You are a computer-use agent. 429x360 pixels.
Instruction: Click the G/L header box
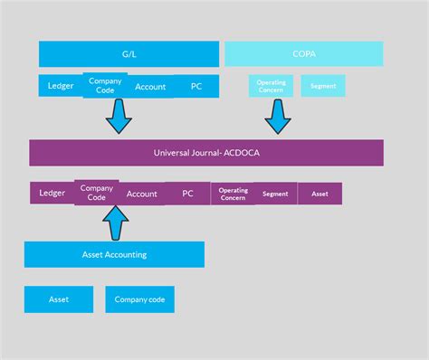click(x=129, y=53)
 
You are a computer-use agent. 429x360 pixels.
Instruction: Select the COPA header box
click(x=303, y=53)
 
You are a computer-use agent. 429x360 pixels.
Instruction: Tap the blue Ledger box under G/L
click(x=61, y=86)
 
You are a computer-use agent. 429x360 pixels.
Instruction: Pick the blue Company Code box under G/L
click(x=105, y=85)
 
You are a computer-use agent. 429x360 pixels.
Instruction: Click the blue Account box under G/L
click(x=150, y=87)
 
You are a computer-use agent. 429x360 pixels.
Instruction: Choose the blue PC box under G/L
click(x=196, y=87)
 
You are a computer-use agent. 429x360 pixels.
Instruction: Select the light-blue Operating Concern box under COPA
click(x=271, y=86)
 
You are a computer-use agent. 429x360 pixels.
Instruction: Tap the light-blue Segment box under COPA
click(x=323, y=86)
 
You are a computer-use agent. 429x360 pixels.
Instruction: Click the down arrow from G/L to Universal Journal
click(x=119, y=117)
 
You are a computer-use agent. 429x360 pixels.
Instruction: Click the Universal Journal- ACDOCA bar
click(x=206, y=152)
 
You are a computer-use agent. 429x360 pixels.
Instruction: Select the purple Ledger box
click(x=52, y=193)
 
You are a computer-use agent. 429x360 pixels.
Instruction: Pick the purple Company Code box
click(x=97, y=193)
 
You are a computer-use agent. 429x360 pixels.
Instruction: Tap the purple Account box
click(x=142, y=194)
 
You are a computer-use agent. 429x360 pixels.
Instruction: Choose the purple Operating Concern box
click(x=233, y=194)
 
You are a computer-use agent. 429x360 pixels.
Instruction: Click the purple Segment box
click(x=275, y=194)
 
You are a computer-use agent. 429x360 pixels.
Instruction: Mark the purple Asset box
click(x=319, y=194)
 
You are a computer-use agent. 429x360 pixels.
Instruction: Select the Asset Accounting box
click(x=114, y=254)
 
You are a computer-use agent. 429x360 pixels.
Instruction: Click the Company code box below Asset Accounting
click(x=139, y=299)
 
